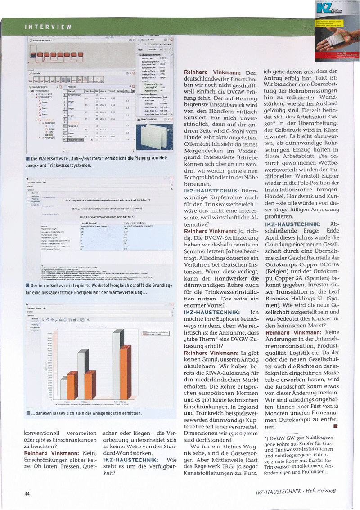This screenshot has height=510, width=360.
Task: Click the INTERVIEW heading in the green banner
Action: click(x=48, y=27)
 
